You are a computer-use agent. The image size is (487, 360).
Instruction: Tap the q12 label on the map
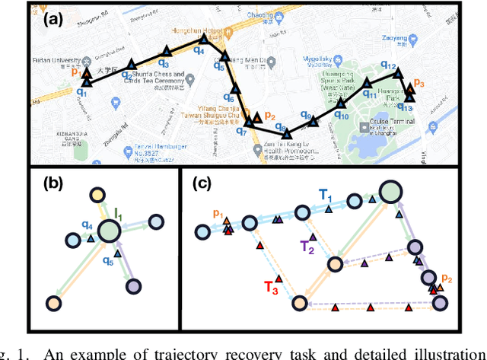click(x=388, y=68)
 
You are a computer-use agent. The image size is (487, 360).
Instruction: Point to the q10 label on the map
click(x=342, y=116)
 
